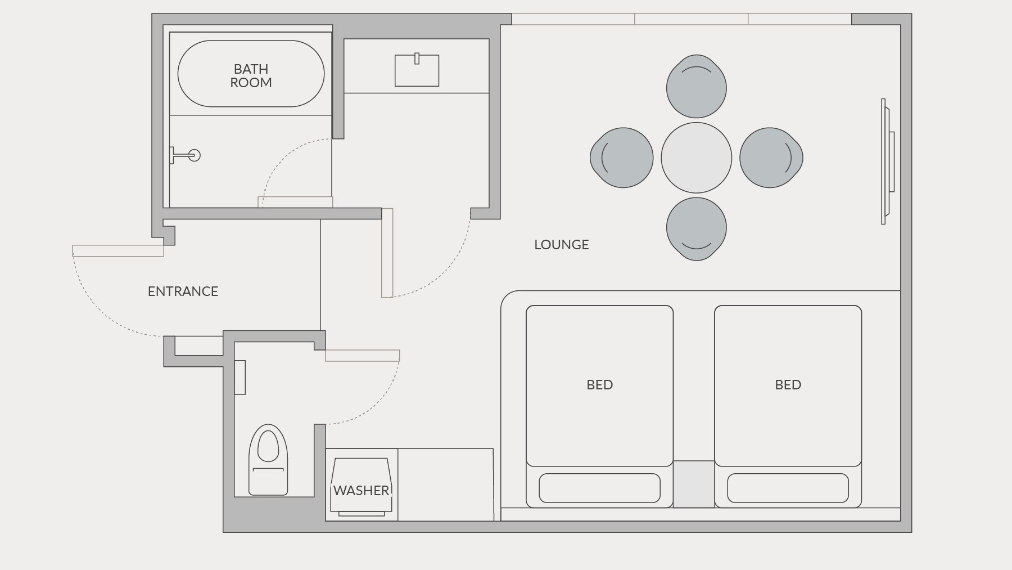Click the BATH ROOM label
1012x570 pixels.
[251, 76]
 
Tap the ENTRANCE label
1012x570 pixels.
[183, 291]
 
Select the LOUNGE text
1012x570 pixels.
[562, 245]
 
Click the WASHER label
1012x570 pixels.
[361, 491]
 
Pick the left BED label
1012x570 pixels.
[600, 385]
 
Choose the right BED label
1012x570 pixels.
[788, 385]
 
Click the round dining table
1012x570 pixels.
[697, 158]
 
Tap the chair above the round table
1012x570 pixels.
[697, 87]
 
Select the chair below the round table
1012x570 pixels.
[697, 228]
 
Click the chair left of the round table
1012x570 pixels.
[622, 158]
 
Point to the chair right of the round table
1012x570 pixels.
[771, 158]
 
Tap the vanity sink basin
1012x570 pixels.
[417, 70]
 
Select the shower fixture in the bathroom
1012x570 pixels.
[185, 155]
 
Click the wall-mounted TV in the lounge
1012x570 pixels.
[888, 161]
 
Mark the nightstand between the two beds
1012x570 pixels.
[694, 484]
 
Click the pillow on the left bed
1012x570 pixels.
[600, 488]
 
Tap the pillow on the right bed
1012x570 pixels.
[788, 488]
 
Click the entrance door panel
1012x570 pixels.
[118, 251]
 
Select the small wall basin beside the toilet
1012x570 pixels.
[240, 377]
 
